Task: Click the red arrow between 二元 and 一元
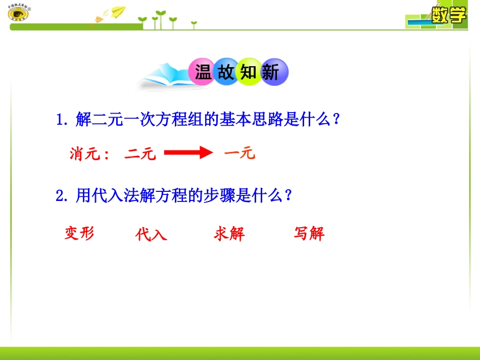187,152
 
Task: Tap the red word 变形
79,233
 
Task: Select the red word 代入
151,234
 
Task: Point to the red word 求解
229,234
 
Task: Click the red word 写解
309,234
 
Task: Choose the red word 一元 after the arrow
239,153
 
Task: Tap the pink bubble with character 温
203,73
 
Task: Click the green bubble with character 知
249,73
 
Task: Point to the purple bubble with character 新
272,73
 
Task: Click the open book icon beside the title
162,78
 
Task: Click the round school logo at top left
19,14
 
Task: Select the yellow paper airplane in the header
117,11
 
